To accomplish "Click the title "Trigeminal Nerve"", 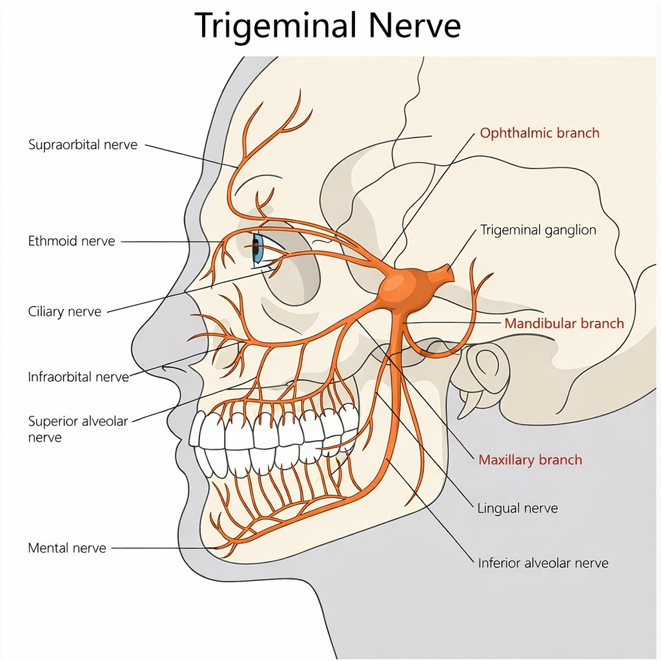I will (x=328, y=26).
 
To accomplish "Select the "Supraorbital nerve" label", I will (x=83, y=145).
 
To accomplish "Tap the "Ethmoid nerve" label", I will (x=72, y=241).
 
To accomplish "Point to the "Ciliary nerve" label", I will (x=65, y=312).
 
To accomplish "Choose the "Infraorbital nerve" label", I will (x=79, y=376).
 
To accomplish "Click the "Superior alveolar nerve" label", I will (x=78, y=429).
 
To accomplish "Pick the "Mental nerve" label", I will (x=67, y=548).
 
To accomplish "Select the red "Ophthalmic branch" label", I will (x=540, y=133).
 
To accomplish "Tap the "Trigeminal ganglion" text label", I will (x=538, y=230).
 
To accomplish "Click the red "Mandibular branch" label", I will (x=564, y=323).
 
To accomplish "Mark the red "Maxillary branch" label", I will (x=530, y=460).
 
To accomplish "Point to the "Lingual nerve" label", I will (x=517, y=508).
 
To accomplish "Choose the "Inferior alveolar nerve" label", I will (x=543, y=563).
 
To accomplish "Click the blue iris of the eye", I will (x=257, y=250).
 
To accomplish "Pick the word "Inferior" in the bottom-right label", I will (x=500, y=563).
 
